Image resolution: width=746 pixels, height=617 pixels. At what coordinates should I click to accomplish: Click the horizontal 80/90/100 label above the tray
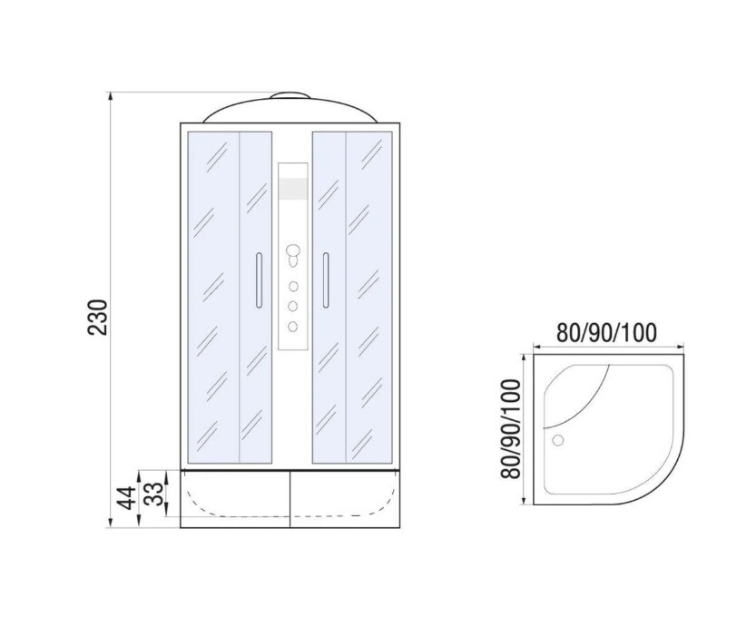point(606,333)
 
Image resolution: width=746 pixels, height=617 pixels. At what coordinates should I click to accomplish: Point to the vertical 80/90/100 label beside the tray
point(509,430)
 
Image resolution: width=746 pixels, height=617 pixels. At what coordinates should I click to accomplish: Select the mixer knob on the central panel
point(292,252)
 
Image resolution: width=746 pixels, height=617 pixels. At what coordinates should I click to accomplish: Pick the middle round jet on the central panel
point(292,306)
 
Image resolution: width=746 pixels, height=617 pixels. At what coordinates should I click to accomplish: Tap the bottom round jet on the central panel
point(292,325)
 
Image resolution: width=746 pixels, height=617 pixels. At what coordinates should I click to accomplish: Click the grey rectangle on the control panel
point(292,188)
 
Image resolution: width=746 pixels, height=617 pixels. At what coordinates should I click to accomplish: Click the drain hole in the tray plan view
point(558,441)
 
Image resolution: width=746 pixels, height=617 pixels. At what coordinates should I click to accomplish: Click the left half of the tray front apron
point(234,500)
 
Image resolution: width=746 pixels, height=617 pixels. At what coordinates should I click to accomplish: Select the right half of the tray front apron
point(345,500)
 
